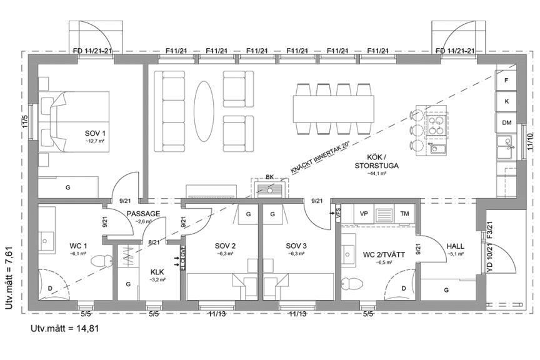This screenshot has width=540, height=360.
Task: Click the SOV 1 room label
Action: pyautogui.click(x=96, y=134)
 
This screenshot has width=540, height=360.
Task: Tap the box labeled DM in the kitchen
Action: pyautogui.click(x=506, y=122)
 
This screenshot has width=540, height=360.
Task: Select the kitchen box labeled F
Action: pyautogui.click(x=506, y=81)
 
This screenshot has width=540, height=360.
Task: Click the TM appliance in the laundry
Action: pyautogui.click(x=405, y=214)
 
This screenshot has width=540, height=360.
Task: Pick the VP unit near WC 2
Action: pyautogui.click(x=364, y=214)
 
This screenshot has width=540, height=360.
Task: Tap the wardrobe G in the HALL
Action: pyautogui.click(x=446, y=290)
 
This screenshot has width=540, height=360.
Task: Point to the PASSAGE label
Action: pyautogui.click(x=143, y=213)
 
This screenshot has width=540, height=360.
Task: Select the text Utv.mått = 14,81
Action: pyautogui.click(x=64, y=327)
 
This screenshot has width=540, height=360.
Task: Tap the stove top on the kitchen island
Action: pyautogui.click(x=434, y=123)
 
